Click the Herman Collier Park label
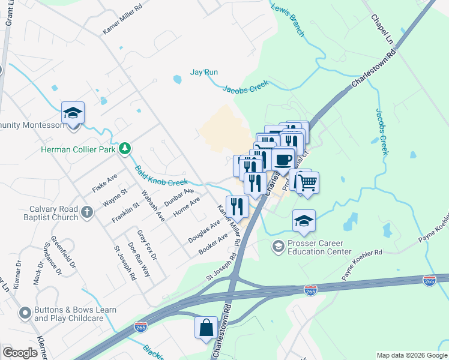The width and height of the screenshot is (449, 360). (79, 149)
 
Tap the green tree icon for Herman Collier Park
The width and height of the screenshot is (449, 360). (125, 148)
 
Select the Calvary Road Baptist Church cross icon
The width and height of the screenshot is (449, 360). (87, 211)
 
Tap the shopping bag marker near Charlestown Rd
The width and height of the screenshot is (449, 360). (206, 328)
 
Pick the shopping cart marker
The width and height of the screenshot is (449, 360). (307, 182)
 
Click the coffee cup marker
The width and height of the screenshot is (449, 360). (283, 159)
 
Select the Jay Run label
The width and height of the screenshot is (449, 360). (204, 72)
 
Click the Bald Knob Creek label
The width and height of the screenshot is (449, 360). (161, 176)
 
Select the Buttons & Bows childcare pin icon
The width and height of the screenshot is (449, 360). (25, 313)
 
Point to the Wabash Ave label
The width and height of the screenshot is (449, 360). (152, 206)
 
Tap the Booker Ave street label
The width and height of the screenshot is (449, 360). (214, 244)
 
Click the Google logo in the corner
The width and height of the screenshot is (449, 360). (20, 353)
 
